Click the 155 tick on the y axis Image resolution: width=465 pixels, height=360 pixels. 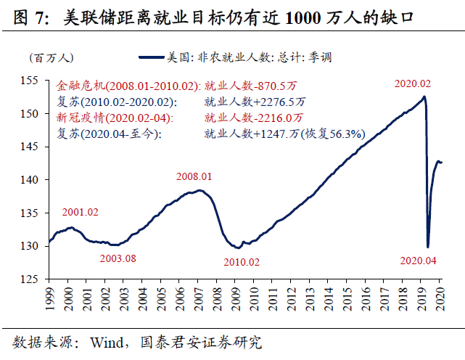(x=33, y=80)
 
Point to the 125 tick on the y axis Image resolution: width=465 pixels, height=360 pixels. (x=33, y=279)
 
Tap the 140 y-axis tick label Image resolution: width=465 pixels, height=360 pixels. (x=33, y=179)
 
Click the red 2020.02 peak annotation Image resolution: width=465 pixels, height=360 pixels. (x=412, y=84)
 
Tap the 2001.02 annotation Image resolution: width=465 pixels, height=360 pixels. (x=81, y=213)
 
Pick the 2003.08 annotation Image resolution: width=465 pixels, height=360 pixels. (x=118, y=258)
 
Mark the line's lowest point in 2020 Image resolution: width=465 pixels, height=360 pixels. (x=428, y=247)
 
